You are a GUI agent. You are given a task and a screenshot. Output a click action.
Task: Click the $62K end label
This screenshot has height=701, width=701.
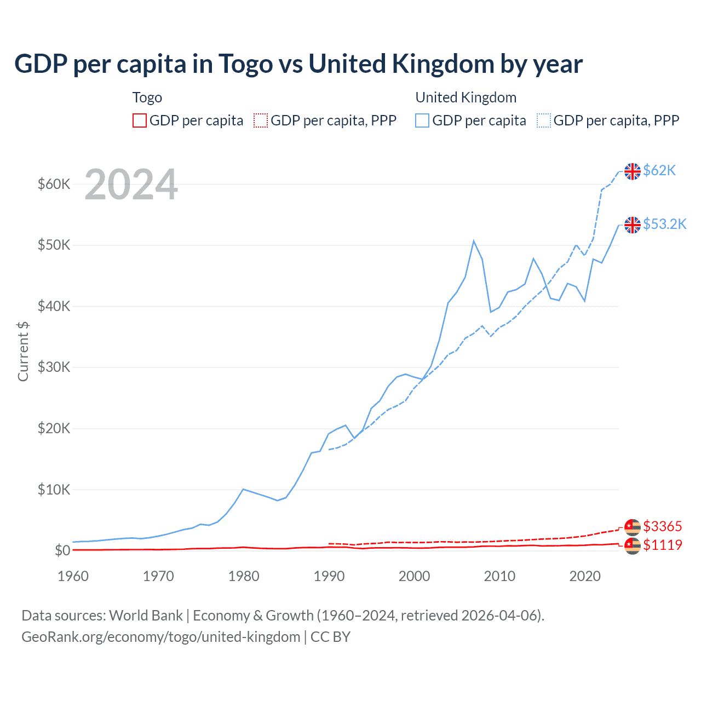(x=659, y=170)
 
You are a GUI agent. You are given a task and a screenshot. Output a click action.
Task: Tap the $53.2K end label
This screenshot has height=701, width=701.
(x=664, y=224)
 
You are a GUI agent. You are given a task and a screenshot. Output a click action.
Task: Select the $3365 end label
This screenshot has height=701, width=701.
(x=662, y=526)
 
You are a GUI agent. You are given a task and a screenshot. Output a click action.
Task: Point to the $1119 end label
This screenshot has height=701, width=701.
(x=662, y=545)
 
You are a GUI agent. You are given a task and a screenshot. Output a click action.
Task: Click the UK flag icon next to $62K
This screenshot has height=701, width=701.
(x=633, y=171)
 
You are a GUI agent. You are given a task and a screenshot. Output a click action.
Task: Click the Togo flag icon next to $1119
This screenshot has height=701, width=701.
(x=633, y=545)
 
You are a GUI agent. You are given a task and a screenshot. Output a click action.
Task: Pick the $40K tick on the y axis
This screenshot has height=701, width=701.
(x=54, y=306)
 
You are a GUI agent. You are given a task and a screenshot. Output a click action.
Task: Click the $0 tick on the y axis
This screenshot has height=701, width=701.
(x=62, y=550)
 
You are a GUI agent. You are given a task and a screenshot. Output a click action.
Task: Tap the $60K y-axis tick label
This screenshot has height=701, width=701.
(x=54, y=184)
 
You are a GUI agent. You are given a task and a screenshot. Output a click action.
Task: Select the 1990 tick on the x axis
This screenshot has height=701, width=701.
(x=329, y=576)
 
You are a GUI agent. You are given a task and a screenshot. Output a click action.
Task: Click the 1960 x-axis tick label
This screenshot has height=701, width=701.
(x=73, y=576)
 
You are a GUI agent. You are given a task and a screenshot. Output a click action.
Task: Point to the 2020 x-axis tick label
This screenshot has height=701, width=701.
(x=585, y=576)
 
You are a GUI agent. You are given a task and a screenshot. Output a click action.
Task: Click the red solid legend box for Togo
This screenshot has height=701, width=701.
(x=140, y=120)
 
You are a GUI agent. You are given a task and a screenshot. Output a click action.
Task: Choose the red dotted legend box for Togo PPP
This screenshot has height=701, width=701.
(x=261, y=120)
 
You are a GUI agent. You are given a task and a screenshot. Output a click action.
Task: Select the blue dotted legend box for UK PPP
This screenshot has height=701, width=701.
(x=544, y=120)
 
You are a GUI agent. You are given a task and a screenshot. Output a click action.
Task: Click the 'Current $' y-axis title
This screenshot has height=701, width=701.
(x=23, y=352)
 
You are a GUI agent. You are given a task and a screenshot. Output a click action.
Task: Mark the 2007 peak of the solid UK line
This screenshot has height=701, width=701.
(x=474, y=241)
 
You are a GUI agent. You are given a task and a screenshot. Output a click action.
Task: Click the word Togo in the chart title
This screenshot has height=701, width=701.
(x=245, y=64)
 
